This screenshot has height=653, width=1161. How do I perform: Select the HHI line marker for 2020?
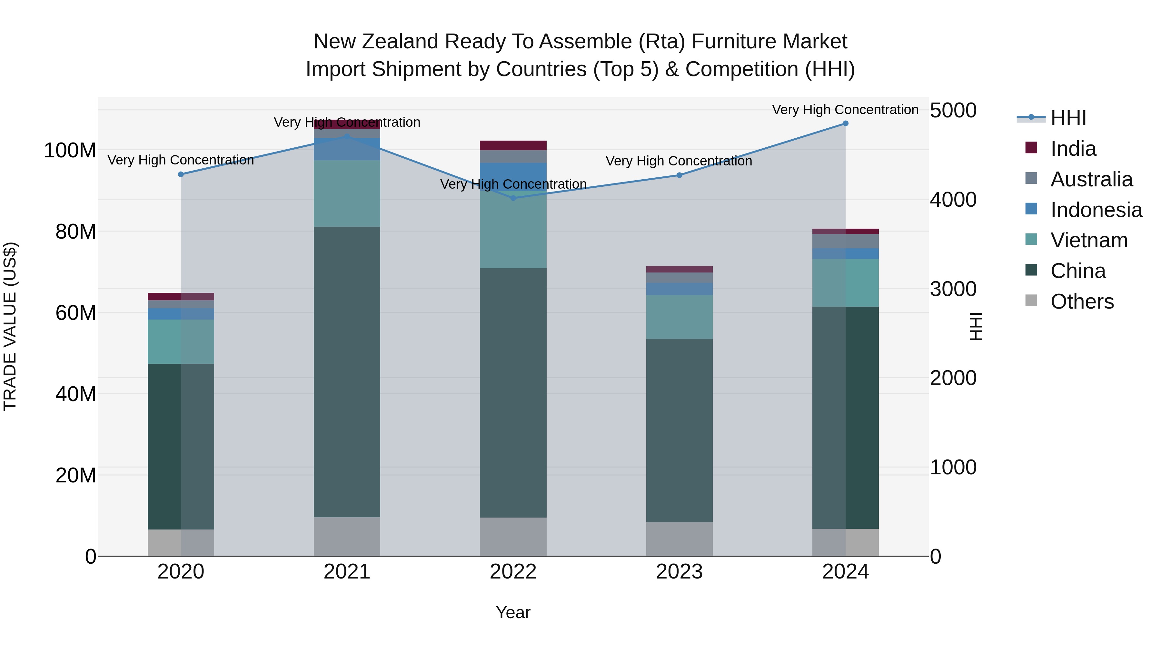point(181,174)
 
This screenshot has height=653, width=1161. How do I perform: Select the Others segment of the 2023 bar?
point(679,539)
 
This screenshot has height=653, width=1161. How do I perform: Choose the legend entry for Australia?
point(1091,179)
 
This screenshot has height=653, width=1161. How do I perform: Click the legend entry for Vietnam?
point(1088,240)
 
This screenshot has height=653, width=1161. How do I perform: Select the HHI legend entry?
point(1068,118)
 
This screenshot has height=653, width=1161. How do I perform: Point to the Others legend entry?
point(1082,302)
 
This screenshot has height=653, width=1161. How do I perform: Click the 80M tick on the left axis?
point(76,232)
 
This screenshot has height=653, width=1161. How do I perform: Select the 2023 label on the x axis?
point(679,572)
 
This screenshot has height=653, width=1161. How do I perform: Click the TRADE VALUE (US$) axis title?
point(10,326)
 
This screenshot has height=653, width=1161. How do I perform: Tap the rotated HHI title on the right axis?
point(976,326)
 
